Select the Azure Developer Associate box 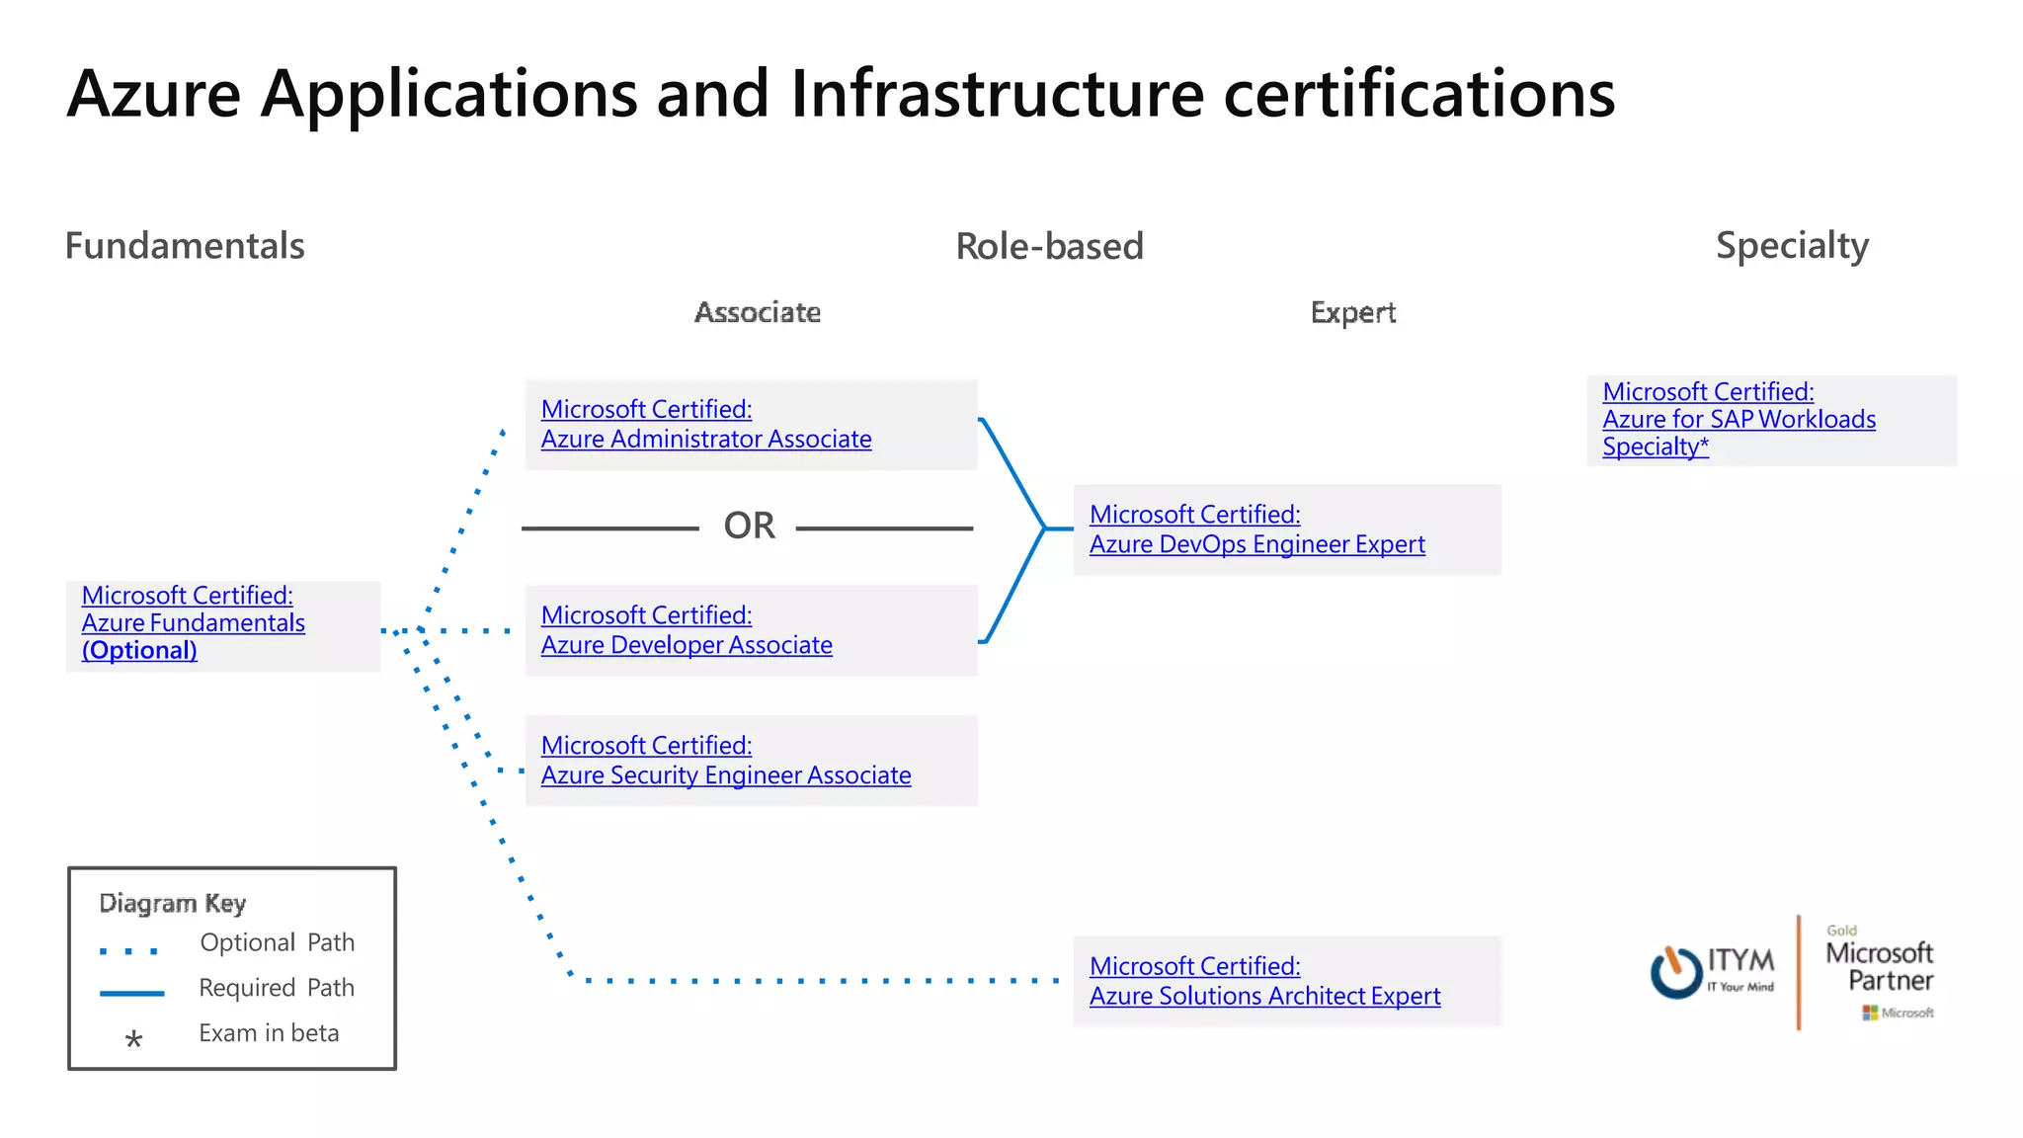(751, 630)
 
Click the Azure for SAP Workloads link (1739, 420)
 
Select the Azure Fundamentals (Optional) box (222, 625)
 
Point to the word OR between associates (749, 527)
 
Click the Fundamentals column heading (185, 246)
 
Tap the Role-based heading (1049, 247)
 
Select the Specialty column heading (1792, 246)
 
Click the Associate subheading (758, 313)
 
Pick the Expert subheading (1352, 313)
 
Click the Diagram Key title (173, 903)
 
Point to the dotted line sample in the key (129, 951)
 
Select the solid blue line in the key (131, 993)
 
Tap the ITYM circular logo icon (1676, 972)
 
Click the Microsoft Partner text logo (1879, 967)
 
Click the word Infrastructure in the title (997, 95)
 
